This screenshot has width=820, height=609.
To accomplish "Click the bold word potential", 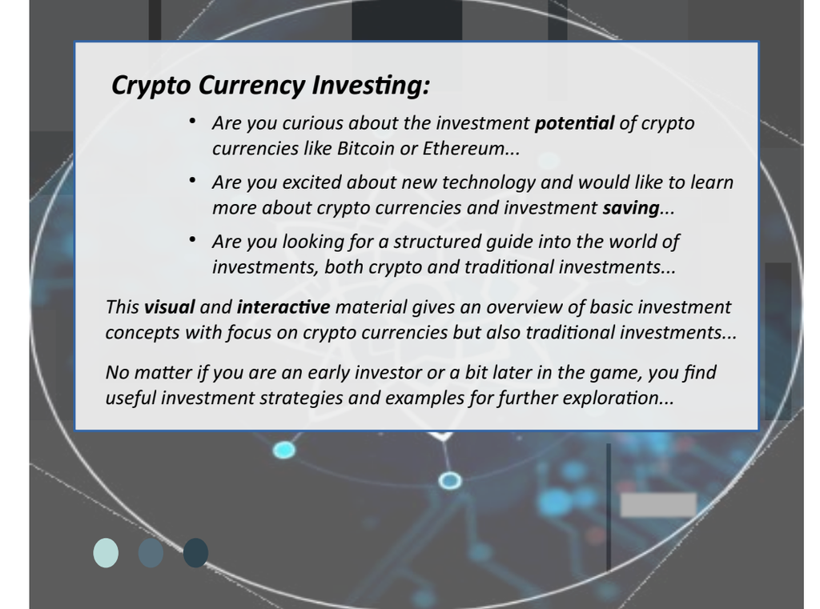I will click(x=574, y=123).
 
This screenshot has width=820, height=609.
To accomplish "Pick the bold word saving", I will click(x=630, y=208).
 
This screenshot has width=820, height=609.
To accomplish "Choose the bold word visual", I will click(x=169, y=307).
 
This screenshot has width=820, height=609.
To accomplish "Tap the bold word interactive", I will click(x=283, y=307).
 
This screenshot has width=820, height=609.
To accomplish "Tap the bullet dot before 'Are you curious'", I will click(x=193, y=120).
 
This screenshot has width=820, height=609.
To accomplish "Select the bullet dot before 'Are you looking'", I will click(x=193, y=238).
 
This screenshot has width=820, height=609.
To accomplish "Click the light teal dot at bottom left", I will click(x=106, y=553).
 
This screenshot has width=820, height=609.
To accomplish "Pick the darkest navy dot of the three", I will click(x=195, y=553).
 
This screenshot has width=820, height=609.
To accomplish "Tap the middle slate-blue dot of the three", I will click(x=151, y=553).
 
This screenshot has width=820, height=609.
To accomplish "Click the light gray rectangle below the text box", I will click(x=657, y=505).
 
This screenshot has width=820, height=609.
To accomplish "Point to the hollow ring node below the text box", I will click(x=450, y=480).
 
